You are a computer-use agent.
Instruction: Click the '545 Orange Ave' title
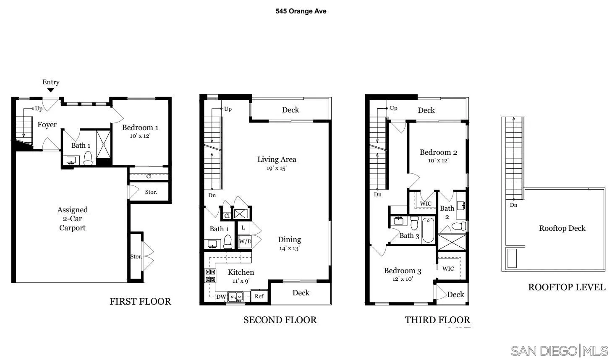click(301, 11)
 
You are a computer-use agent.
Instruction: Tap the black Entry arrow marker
click(50, 90)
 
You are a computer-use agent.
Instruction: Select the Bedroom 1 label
click(140, 128)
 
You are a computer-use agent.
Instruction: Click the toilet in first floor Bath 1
click(88, 158)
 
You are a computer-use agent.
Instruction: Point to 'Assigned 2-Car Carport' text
click(72, 219)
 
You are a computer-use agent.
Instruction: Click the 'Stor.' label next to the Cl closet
click(151, 192)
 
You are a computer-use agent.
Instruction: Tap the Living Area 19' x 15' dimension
click(276, 168)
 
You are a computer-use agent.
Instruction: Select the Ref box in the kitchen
click(259, 296)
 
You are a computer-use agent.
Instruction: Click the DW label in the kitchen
click(221, 297)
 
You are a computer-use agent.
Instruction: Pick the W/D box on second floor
click(245, 241)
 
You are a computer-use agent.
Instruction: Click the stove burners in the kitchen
click(210, 276)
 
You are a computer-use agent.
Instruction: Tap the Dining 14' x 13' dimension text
click(289, 248)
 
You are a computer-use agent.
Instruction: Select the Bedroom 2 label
click(438, 152)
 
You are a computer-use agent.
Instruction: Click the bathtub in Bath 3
click(428, 229)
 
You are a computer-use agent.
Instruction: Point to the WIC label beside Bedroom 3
click(448, 269)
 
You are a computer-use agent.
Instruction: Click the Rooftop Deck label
click(562, 228)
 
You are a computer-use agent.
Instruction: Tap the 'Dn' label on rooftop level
click(513, 205)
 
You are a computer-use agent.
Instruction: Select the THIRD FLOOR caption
click(437, 320)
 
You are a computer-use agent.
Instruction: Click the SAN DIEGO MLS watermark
click(559, 351)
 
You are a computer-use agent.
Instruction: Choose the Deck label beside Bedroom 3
click(455, 295)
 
